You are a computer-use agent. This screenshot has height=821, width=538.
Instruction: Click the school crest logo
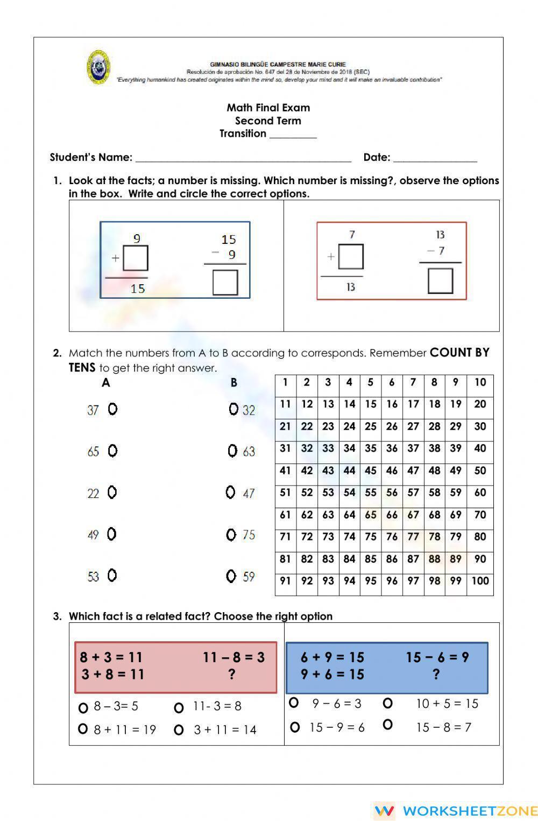point(98,68)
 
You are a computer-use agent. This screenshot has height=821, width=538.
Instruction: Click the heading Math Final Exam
point(268,108)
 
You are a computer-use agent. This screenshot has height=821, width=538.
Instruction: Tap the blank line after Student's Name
point(243,158)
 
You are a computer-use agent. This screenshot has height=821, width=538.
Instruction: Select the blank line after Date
point(435,158)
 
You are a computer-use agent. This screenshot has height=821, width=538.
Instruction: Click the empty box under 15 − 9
point(225,282)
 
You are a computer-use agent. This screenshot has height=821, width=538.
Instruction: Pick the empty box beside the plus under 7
point(351,257)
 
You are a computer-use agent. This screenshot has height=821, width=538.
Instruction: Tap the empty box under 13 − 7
point(440,280)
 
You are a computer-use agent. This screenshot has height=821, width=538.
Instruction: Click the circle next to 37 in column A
point(112,409)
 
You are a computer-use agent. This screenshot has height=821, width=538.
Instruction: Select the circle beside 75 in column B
point(231,535)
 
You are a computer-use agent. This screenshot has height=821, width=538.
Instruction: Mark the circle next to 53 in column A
point(112,576)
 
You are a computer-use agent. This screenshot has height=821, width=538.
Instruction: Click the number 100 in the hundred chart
point(480,581)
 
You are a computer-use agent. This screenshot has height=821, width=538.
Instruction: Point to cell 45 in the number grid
point(370,471)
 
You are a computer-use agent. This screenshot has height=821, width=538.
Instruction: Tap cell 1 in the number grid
point(285,382)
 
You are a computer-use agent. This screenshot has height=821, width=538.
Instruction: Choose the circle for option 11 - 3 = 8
point(179,707)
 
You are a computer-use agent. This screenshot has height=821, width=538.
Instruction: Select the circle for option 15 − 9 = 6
point(294,727)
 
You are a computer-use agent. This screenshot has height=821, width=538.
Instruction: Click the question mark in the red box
point(232,674)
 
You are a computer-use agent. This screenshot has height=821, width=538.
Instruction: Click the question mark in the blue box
point(436,674)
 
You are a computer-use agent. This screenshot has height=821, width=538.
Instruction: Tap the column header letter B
point(233,383)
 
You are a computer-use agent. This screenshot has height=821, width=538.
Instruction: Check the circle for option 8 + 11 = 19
point(83,729)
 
